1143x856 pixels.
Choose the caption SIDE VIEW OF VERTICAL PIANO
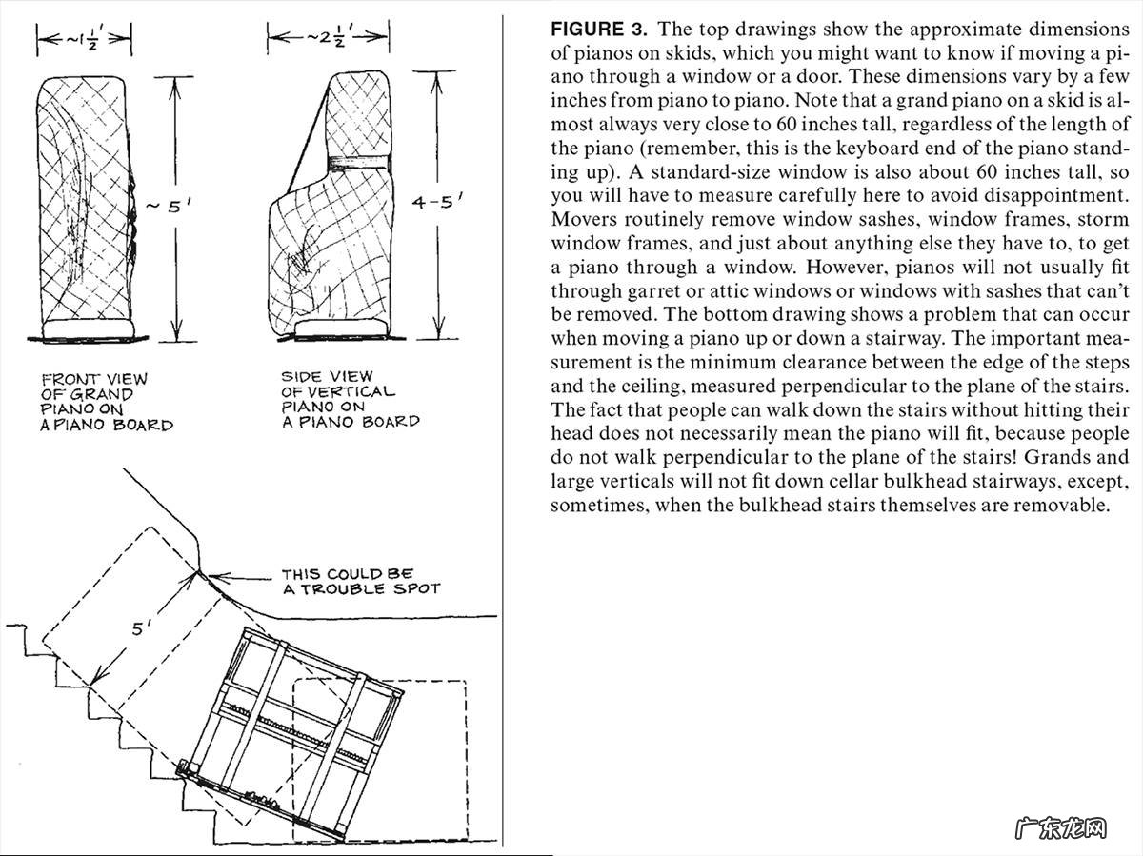coord(350,398)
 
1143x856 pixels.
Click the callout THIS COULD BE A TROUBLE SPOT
coord(360,582)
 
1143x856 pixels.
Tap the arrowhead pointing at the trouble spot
coord(210,573)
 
